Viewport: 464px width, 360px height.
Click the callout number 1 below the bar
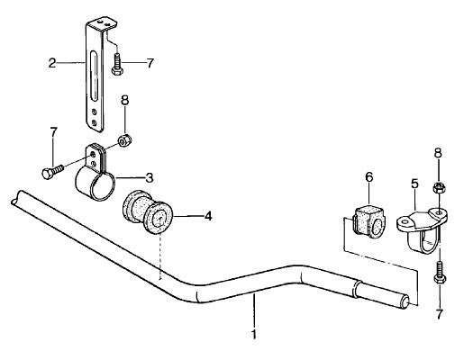click(254, 334)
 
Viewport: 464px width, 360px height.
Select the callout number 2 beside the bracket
click(52, 63)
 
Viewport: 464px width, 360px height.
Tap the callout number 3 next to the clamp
click(150, 177)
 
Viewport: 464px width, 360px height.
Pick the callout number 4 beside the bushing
click(208, 216)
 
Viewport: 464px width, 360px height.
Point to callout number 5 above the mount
click(414, 184)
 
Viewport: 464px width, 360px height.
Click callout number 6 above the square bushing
click(369, 176)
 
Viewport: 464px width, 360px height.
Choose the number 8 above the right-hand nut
click(438, 153)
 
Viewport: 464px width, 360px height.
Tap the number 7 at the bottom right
click(439, 314)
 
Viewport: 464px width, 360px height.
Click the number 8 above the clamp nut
click(125, 100)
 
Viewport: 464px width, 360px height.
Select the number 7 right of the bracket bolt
click(150, 63)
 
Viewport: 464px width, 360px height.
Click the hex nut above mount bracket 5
click(438, 189)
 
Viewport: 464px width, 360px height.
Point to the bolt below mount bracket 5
click(440, 272)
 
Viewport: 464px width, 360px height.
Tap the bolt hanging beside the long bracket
click(115, 64)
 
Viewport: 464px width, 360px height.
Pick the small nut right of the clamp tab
click(123, 140)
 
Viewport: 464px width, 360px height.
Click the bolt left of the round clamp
click(52, 172)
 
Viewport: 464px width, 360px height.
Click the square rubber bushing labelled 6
click(369, 221)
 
